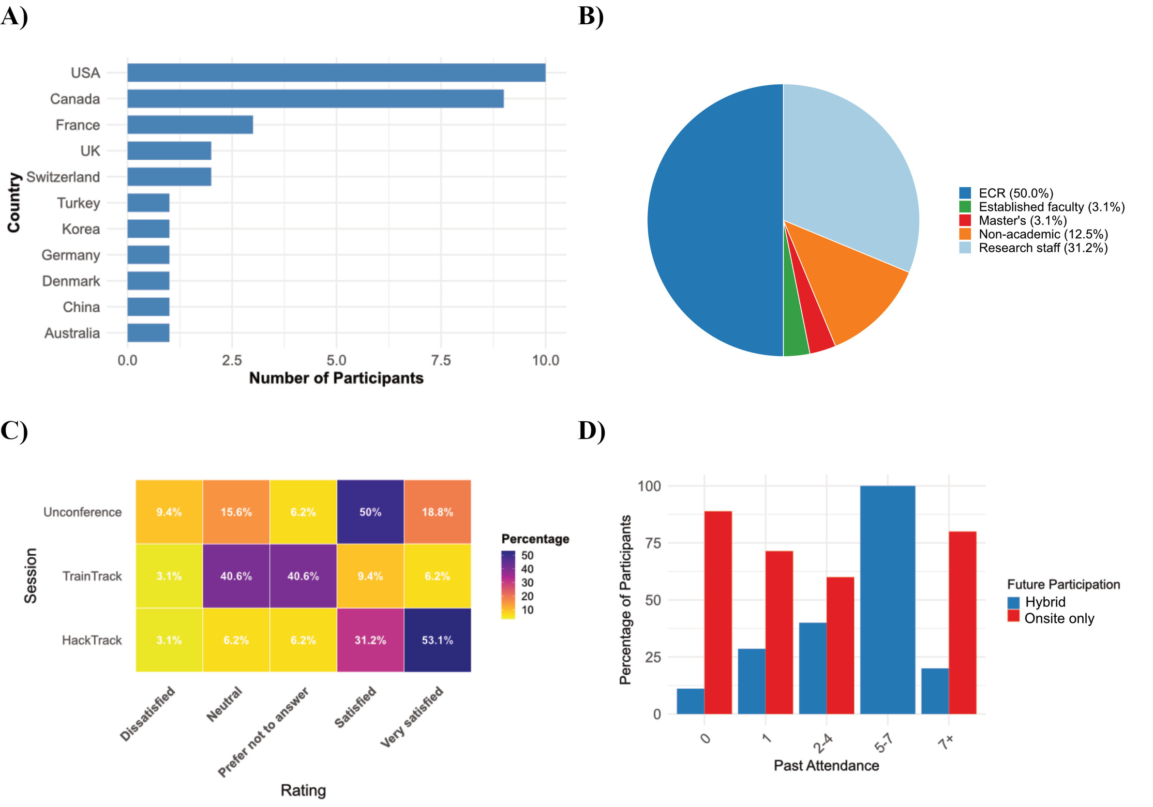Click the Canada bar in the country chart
(x=315, y=98)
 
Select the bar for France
(x=190, y=124)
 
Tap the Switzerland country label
(x=63, y=177)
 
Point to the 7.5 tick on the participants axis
(x=440, y=360)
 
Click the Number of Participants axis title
(x=336, y=378)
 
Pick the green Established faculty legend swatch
(x=965, y=207)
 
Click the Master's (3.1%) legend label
(x=1022, y=220)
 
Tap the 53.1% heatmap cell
(x=437, y=640)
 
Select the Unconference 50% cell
(x=370, y=512)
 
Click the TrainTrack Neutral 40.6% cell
(x=236, y=576)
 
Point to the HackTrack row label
(x=91, y=640)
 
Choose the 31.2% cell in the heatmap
(x=370, y=640)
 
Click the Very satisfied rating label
(x=412, y=716)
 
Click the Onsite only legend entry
(x=1059, y=618)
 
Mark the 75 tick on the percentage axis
(x=652, y=543)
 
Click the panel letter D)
(x=591, y=430)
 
